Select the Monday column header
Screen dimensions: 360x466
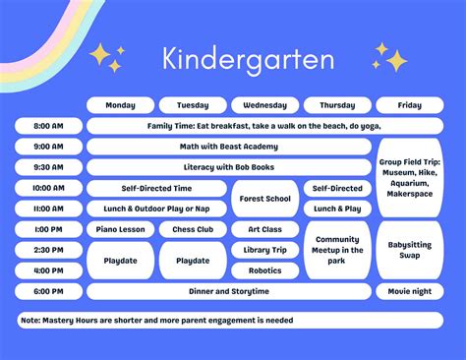point(120,105)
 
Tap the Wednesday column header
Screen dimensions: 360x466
point(264,105)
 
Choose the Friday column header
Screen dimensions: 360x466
point(409,105)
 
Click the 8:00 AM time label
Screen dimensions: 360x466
point(48,127)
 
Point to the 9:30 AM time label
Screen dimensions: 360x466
point(48,167)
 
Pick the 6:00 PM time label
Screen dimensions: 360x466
point(48,291)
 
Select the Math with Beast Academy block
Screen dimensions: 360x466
point(229,147)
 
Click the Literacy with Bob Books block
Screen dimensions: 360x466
point(229,167)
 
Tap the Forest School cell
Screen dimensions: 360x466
point(265,199)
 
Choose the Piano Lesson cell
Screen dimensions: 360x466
point(120,229)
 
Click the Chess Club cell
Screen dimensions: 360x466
point(193,229)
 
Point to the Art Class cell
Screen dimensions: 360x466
point(265,229)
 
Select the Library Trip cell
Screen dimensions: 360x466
point(265,250)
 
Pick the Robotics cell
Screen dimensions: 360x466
point(265,270)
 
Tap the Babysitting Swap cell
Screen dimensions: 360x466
point(409,250)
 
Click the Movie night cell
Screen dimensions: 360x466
point(409,291)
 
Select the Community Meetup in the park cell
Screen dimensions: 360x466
point(337,250)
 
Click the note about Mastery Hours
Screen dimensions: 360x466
point(157,320)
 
